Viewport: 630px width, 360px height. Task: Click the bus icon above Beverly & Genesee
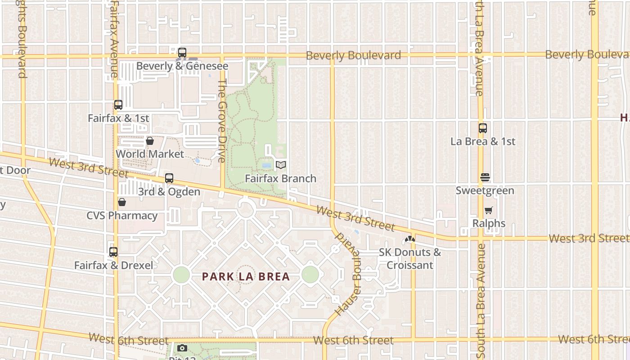click(x=182, y=53)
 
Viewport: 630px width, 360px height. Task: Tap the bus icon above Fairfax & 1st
click(x=118, y=105)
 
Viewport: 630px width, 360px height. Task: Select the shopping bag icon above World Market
click(x=150, y=141)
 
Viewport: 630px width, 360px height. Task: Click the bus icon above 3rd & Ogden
click(x=169, y=178)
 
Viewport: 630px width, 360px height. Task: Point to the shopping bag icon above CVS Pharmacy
click(x=121, y=202)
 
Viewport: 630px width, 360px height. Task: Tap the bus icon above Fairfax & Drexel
click(x=113, y=252)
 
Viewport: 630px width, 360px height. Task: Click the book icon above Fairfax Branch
click(x=281, y=165)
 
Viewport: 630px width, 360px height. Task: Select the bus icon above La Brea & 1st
click(x=483, y=128)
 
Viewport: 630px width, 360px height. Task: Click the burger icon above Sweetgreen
click(x=485, y=177)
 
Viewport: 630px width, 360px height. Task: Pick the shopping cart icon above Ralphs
click(x=489, y=210)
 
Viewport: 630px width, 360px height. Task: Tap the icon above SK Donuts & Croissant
click(x=409, y=239)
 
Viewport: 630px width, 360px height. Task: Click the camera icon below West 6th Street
click(x=182, y=348)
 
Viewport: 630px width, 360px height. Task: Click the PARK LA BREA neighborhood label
click(x=246, y=276)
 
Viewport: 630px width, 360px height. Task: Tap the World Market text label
click(x=150, y=154)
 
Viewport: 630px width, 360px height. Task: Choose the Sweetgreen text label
click(x=485, y=190)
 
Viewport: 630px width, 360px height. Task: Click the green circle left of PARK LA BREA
click(x=181, y=274)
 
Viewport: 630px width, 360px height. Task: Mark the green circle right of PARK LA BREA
click(x=310, y=274)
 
